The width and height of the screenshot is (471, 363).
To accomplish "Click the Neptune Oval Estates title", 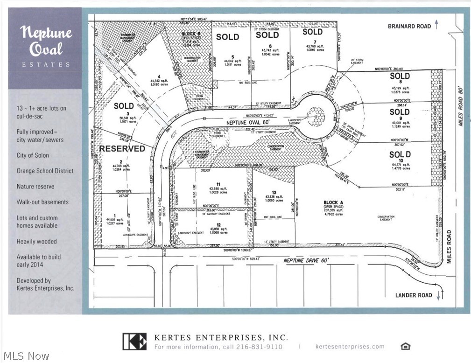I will click(45, 47).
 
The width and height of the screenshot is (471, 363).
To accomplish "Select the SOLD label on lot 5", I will click(228, 37).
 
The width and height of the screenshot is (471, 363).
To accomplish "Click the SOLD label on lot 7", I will click(312, 32).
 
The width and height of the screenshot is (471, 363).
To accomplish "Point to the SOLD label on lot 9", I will click(399, 112).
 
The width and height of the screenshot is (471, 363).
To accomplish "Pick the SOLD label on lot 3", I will click(124, 106).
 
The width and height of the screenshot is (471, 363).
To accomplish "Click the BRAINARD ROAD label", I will click(409, 26).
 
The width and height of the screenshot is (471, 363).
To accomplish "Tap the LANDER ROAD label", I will click(413, 295).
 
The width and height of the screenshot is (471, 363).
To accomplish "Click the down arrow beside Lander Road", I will click(439, 295).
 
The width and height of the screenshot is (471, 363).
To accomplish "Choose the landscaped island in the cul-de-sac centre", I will click(316, 114).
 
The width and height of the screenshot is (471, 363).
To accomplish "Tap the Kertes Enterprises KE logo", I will click(134, 342).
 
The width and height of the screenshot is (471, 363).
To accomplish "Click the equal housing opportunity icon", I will click(405, 346).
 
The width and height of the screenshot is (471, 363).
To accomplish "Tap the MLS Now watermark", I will click(26, 356).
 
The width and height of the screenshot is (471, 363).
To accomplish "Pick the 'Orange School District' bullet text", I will click(45, 171).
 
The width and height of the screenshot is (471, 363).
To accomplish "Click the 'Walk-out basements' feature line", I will click(42, 202).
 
